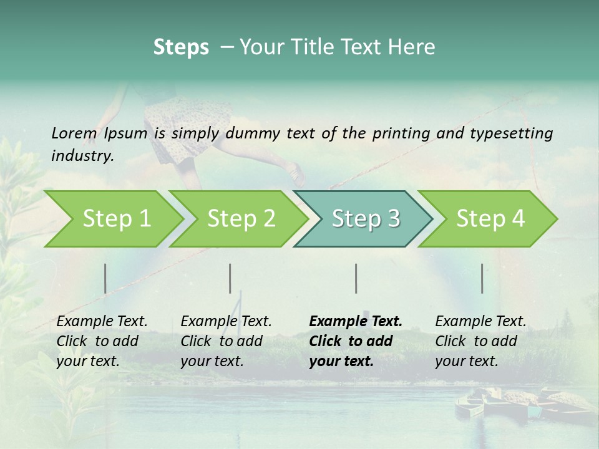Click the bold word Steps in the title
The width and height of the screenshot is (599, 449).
181,47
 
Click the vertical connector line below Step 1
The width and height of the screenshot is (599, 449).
105,278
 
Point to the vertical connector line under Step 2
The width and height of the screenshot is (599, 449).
230,278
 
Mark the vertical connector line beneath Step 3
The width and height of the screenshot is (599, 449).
356,278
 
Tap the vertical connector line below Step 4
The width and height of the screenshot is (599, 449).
482,278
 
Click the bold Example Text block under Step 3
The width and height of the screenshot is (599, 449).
355,341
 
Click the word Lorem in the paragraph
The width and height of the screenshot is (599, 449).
74,133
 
